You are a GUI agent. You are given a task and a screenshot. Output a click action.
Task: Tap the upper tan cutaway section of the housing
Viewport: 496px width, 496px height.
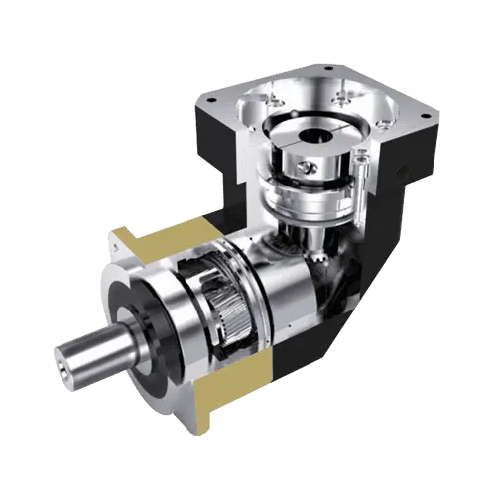pos(135,243)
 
